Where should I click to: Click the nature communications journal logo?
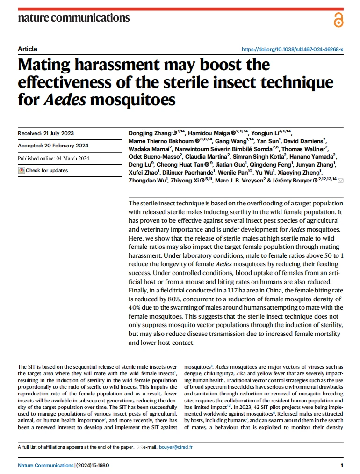(x=73, y=18)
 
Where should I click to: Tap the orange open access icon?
(x=338, y=20)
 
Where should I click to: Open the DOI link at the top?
(x=292, y=49)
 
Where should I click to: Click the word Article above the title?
(x=28, y=49)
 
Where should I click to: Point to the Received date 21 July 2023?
(x=46, y=133)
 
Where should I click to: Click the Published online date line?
(x=53, y=158)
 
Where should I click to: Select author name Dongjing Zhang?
(x=150, y=133)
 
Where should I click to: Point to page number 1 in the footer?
(x=342, y=465)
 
